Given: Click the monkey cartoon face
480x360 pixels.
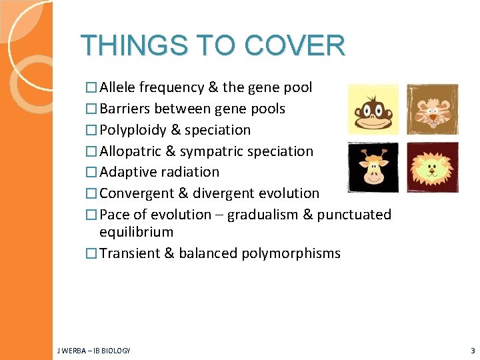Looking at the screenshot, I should coord(373,109).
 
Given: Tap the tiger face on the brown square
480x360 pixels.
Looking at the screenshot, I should coord(433,109).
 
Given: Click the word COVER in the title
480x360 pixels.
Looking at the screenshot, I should coord(295,46).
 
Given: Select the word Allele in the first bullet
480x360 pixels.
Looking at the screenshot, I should coord(118,87).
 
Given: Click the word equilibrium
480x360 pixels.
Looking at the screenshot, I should coord(136,232).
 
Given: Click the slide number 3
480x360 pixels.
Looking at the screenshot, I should coord(472,350).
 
